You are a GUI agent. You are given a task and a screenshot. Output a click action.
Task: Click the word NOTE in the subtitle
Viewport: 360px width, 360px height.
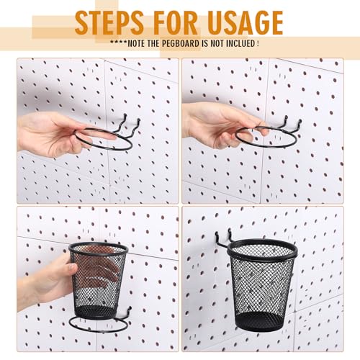tap(136, 44)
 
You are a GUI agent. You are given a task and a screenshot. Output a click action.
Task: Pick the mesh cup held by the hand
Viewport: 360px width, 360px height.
tap(98, 279)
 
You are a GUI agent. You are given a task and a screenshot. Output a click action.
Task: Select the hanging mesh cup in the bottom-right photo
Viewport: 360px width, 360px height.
tap(262, 285)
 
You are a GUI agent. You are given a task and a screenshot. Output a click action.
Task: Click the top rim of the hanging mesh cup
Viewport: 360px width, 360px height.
tap(262, 249)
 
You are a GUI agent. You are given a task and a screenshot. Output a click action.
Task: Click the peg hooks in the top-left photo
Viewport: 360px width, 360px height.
tap(127, 126)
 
